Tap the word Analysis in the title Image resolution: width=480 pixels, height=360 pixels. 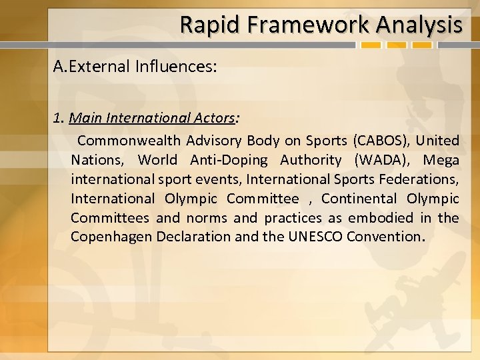[x=419, y=25]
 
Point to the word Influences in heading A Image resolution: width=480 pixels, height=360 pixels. [x=174, y=67]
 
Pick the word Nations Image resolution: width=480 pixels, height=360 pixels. [x=96, y=160]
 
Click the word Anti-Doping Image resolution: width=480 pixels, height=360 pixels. [x=229, y=160]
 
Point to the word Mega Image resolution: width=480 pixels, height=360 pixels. [x=441, y=160]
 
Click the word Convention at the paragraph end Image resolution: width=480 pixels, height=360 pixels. [x=383, y=237]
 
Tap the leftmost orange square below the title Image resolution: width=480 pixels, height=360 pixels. [x=371, y=46]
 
